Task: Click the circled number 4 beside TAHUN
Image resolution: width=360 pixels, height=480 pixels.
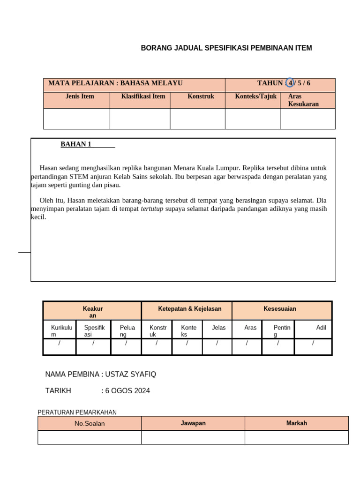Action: click(x=290, y=83)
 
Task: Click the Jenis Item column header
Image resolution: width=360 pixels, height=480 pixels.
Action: click(x=80, y=97)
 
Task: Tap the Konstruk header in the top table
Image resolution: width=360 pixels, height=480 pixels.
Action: click(x=201, y=97)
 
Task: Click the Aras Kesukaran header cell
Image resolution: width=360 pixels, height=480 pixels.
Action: click(x=303, y=100)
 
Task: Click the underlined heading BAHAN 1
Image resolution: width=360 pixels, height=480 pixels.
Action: click(x=76, y=144)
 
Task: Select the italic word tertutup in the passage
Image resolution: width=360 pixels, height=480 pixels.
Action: click(x=152, y=209)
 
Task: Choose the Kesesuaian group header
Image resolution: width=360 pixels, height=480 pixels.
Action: click(x=280, y=309)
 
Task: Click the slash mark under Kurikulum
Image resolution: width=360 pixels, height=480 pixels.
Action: click(x=59, y=344)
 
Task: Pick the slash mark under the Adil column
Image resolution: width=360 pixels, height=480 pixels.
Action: click(x=313, y=344)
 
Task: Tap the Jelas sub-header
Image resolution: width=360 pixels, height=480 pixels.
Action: click(x=218, y=328)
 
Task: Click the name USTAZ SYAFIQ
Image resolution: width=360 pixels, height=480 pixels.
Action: click(x=130, y=374)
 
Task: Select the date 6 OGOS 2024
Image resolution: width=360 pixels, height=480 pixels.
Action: click(x=127, y=391)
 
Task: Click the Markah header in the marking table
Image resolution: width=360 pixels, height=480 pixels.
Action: click(x=297, y=423)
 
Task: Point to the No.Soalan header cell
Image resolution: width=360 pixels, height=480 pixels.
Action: click(x=90, y=423)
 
